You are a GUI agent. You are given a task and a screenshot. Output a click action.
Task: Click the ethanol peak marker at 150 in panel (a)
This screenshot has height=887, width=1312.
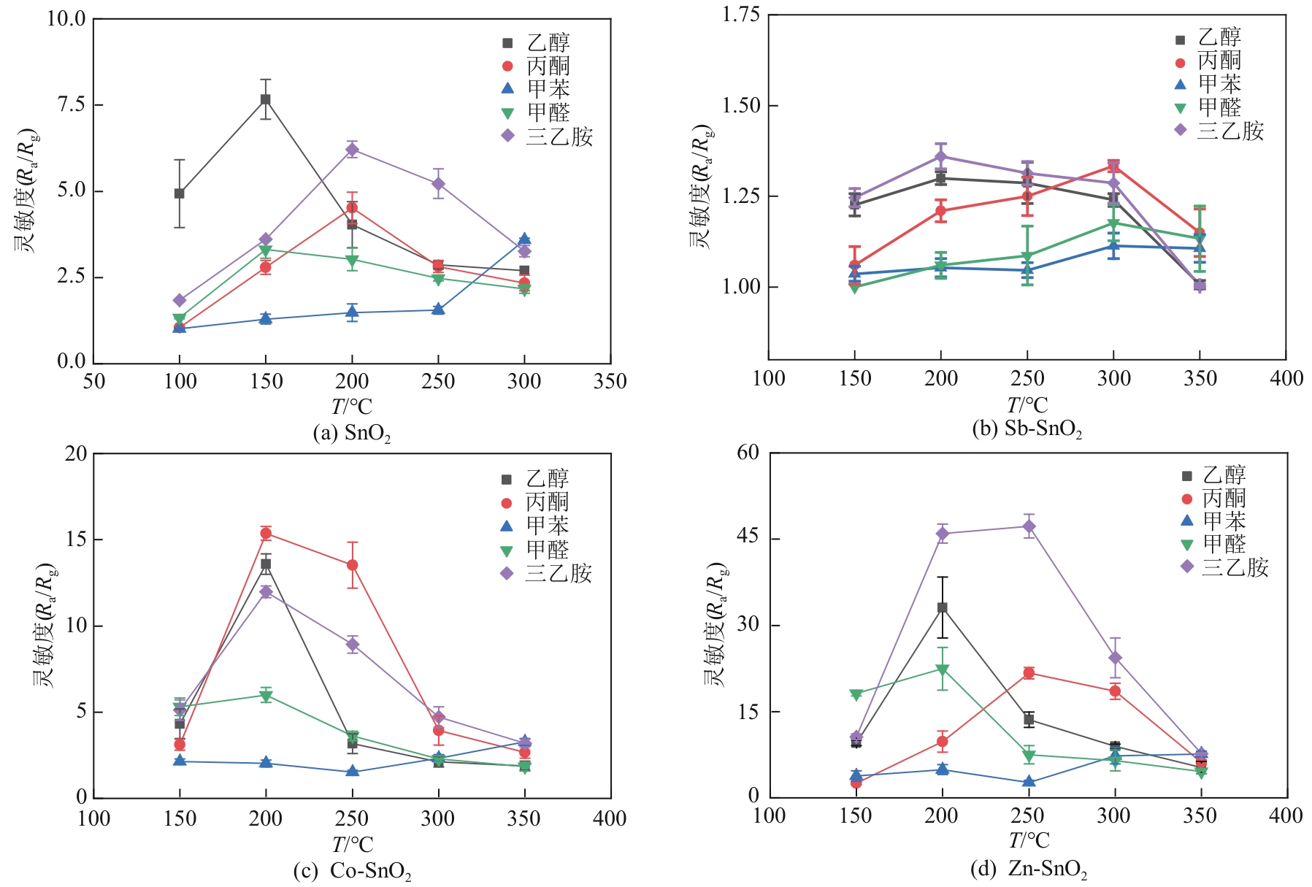[x=266, y=99]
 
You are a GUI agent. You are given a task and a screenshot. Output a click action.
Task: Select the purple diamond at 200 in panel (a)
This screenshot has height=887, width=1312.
[x=352, y=150]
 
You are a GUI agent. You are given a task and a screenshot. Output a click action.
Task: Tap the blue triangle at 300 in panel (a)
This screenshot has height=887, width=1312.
[x=524, y=239]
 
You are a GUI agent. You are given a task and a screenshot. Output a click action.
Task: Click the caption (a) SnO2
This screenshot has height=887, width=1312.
[x=351, y=434]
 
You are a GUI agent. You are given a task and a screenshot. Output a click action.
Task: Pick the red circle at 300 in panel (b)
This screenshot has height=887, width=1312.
[x=1113, y=166]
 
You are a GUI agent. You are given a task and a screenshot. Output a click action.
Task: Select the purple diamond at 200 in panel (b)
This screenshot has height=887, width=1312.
[x=941, y=156]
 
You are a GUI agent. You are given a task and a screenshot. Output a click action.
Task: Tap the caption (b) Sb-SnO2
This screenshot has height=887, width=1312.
[x=1027, y=429]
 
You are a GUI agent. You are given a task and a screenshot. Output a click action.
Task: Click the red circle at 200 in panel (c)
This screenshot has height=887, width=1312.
[x=266, y=534]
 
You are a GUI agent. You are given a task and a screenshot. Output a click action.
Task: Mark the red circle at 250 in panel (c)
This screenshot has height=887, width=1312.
[x=352, y=565]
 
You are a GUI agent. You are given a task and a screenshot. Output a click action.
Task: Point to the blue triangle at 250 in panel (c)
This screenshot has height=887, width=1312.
[x=352, y=772]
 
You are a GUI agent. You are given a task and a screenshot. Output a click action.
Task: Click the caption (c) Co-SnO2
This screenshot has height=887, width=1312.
[x=352, y=871]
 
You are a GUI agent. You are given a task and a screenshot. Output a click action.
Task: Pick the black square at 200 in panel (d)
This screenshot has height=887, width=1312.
[x=943, y=607]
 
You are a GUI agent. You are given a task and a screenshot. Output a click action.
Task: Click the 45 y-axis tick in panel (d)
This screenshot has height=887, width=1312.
[x=748, y=538]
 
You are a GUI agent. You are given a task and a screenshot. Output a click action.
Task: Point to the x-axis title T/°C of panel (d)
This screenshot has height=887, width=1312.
[x=1028, y=841]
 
